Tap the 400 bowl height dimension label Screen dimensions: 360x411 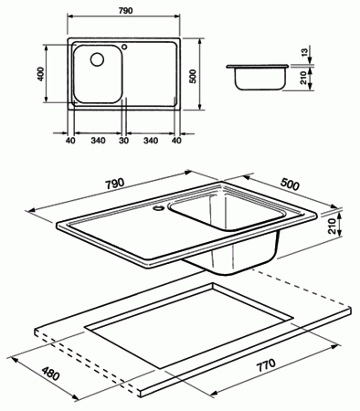[40, 73]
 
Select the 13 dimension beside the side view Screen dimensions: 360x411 [304, 51]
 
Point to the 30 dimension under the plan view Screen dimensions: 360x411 [124, 141]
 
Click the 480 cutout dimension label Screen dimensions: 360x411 [50, 374]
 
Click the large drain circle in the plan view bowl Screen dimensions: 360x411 [97, 59]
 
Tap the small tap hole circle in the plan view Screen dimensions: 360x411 [124, 47]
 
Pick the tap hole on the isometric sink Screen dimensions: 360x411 [159, 208]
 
